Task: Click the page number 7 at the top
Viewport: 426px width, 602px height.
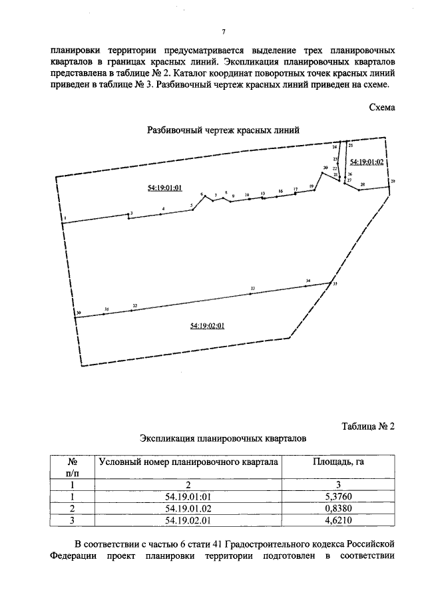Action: pos(224,32)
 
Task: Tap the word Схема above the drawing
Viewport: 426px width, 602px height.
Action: pos(382,107)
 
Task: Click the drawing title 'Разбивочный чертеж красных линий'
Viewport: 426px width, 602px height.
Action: pos(223,131)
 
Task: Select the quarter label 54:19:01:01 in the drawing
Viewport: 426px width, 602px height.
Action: pos(164,188)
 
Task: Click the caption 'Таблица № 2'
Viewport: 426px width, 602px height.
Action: pos(368,426)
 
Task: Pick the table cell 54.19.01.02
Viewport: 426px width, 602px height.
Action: pos(188,508)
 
